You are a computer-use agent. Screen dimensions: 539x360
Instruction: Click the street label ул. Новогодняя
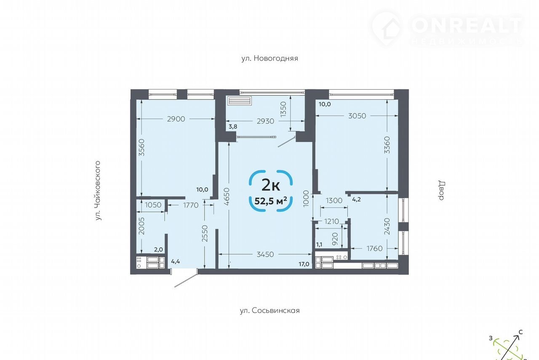270,58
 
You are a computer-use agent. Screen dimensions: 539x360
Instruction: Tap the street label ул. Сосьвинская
270,310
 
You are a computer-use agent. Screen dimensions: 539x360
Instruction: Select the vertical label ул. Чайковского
98,191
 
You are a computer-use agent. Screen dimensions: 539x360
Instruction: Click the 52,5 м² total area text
271,200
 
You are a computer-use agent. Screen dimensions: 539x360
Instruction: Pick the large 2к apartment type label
271,185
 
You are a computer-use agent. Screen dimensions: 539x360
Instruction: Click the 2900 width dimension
176,119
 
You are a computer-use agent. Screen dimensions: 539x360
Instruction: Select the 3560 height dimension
142,147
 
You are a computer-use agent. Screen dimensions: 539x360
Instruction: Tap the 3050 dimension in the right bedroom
358,116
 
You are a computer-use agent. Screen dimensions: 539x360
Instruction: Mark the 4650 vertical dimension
227,197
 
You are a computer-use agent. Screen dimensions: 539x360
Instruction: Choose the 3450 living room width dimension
265,254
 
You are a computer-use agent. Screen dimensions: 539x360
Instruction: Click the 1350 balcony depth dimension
284,109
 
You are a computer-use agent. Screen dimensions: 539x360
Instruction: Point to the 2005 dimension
142,226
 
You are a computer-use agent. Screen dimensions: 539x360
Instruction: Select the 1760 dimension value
374,248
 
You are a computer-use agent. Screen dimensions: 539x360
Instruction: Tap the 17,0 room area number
304,264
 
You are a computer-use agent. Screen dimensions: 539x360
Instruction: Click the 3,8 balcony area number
233,127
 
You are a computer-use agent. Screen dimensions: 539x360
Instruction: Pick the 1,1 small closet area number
319,245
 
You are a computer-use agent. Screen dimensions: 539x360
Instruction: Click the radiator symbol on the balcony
240,101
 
